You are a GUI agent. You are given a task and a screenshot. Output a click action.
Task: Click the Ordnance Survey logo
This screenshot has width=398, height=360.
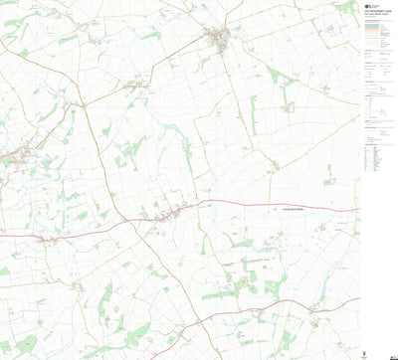[x=367, y=9]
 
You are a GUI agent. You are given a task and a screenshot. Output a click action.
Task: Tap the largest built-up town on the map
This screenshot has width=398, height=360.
[x=218, y=39]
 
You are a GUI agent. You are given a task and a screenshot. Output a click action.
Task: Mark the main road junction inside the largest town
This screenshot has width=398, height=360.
[x=218, y=40]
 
